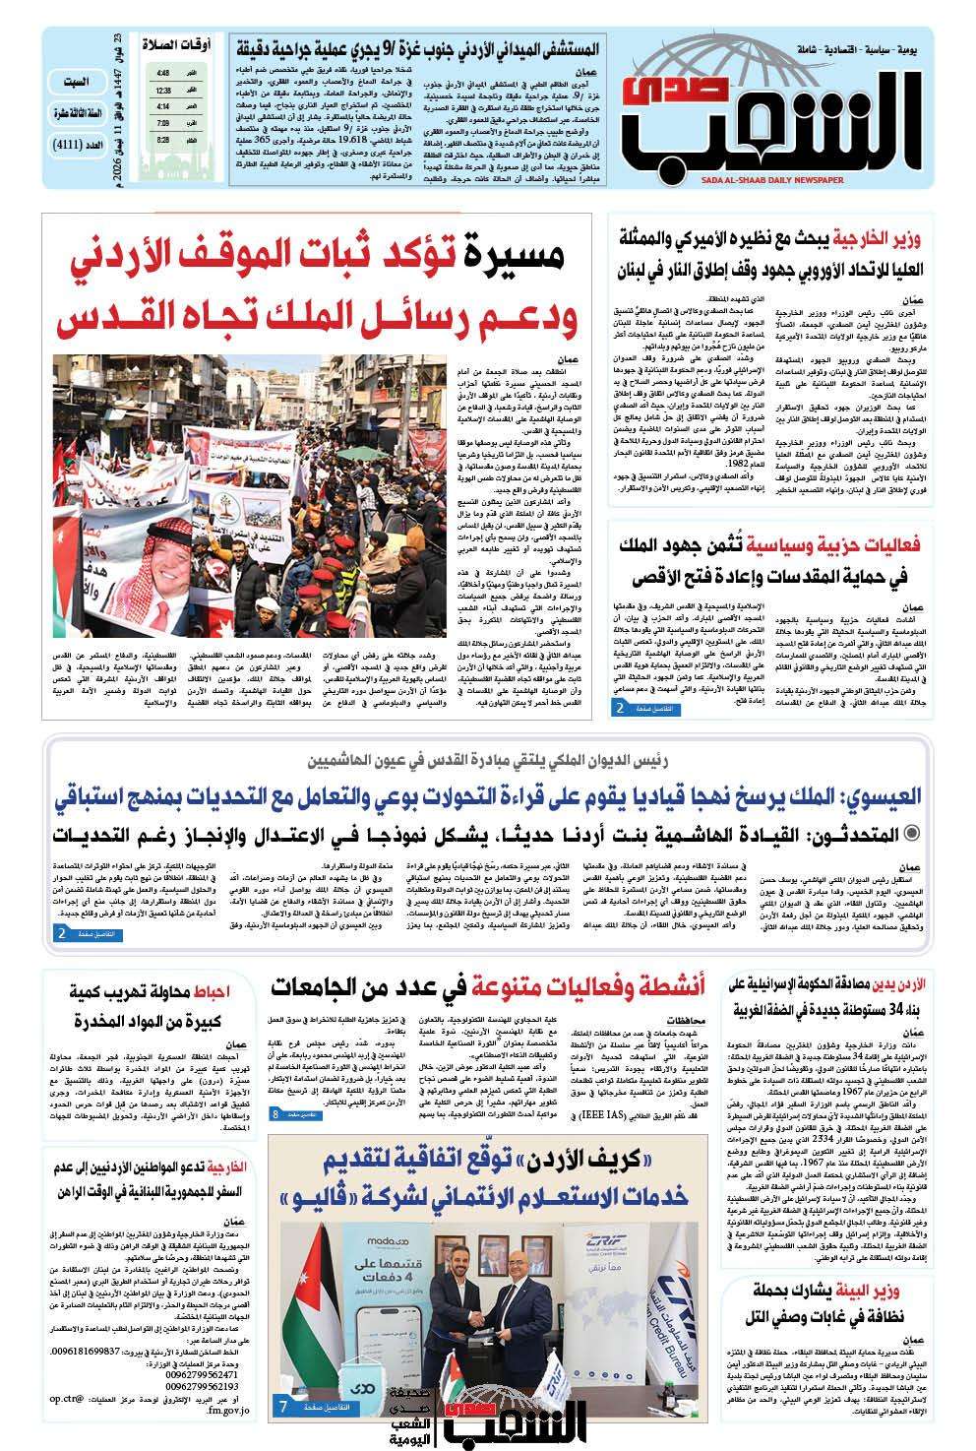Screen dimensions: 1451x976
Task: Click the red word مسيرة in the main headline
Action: [519, 258]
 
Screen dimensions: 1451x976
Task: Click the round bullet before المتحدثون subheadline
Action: [912, 835]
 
